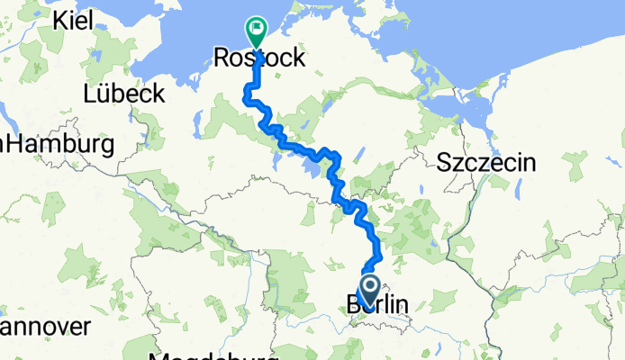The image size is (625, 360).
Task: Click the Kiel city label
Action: click(76, 19)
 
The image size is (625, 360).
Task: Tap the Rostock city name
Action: click(260, 58)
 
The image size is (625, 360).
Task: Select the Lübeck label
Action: click(123, 93)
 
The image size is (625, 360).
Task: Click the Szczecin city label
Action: click(486, 163)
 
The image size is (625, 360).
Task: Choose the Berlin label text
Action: click(376, 305)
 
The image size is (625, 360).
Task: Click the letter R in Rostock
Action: click(222, 58)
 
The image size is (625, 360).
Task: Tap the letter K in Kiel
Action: click(60, 19)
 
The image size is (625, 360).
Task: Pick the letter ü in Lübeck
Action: click(103, 93)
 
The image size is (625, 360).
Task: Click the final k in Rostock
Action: click(299, 58)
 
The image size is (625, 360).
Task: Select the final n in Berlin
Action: click(403, 305)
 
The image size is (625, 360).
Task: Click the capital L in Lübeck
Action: click(89, 93)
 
